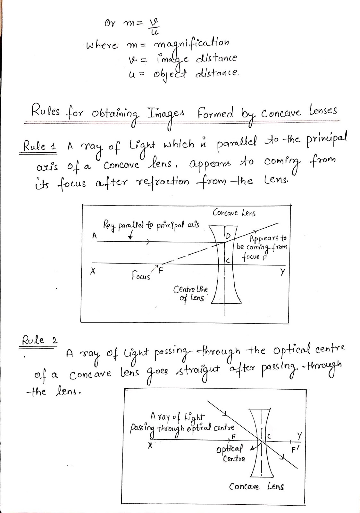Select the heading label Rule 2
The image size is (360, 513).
point(39,340)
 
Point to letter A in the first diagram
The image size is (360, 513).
point(94,236)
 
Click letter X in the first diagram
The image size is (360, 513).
point(92,272)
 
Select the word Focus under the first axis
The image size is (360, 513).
point(141,276)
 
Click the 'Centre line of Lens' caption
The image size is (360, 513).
point(190,294)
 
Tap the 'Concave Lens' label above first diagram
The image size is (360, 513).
point(234,213)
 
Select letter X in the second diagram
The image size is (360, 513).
point(149,446)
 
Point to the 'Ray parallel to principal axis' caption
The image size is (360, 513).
point(151,225)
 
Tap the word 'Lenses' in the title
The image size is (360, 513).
point(323,111)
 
